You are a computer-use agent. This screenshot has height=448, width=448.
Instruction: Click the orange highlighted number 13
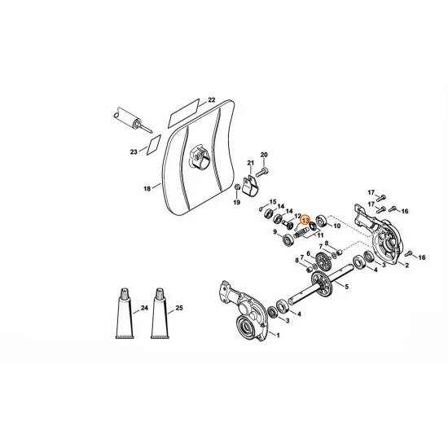(305, 219)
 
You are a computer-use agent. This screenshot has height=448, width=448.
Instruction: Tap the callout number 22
(211, 100)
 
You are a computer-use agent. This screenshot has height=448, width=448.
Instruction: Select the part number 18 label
(147, 188)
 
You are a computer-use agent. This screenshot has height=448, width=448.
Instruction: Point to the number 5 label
(347, 288)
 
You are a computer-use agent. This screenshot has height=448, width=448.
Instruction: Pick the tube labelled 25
(160, 314)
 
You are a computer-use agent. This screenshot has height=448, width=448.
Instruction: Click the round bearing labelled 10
(323, 220)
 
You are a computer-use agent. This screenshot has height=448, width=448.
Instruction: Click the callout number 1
(278, 336)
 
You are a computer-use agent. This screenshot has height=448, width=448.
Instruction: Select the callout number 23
(134, 152)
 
